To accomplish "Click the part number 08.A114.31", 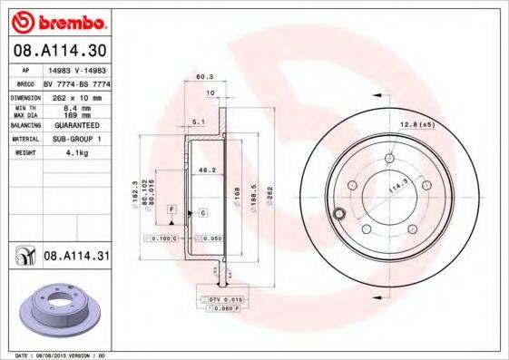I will [76, 258].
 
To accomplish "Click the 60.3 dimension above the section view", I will [205, 78].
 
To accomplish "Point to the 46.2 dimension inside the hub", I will [206, 170].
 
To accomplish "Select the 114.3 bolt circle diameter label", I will [396, 188].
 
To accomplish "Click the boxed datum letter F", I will [170, 209].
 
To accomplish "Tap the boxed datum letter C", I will [202, 212].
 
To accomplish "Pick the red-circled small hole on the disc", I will [338, 215].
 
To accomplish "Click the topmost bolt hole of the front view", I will [389, 158].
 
